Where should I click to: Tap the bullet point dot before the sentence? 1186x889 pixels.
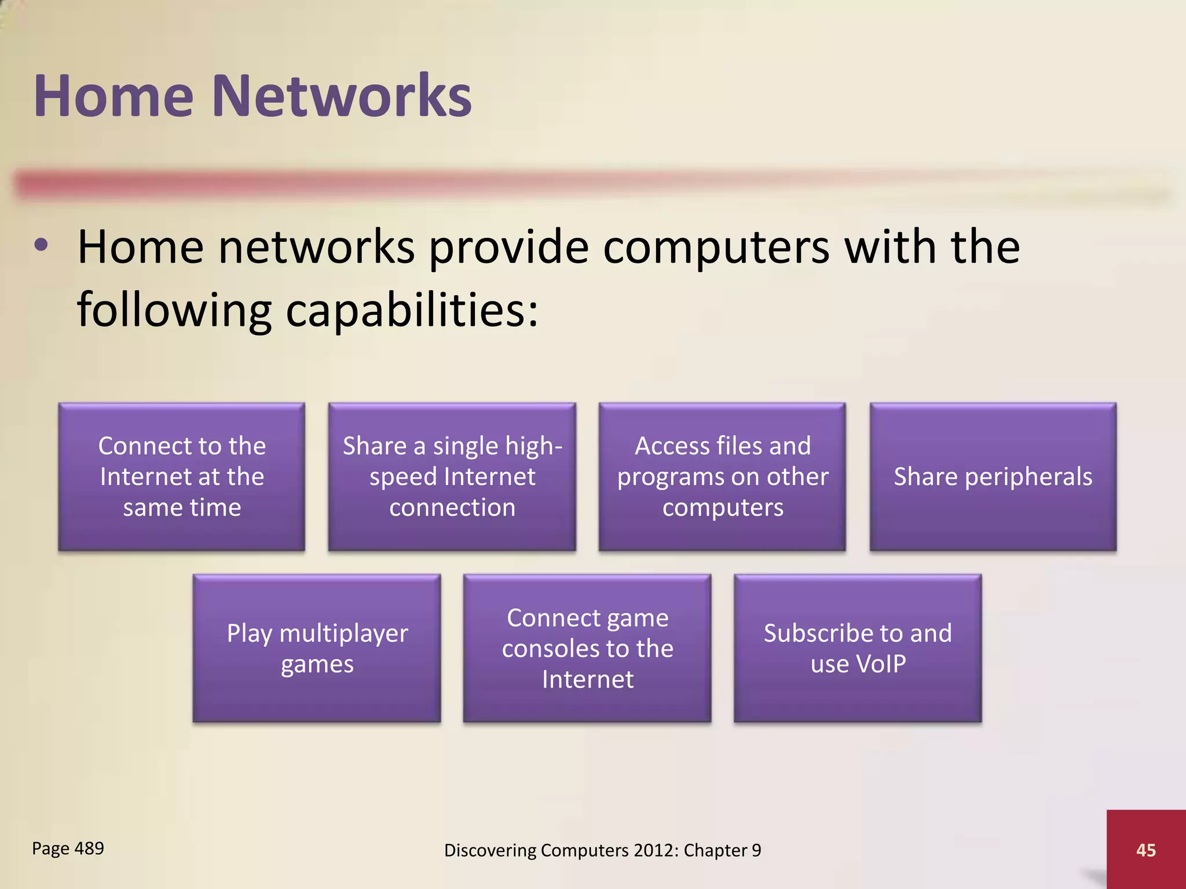(41, 245)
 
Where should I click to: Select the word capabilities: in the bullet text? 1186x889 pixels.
(412, 310)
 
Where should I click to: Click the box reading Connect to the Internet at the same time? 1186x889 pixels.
(181, 476)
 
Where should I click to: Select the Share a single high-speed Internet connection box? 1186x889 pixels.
(452, 476)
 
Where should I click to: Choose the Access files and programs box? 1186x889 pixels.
(722, 476)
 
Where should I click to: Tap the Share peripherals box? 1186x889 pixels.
(993, 476)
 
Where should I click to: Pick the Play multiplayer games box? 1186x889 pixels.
(317, 648)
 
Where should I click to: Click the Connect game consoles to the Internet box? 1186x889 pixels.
(587, 648)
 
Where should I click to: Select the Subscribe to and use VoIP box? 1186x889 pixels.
(858, 648)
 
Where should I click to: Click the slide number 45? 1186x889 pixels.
(1146, 850)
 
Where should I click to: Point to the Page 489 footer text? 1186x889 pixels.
(68, 848)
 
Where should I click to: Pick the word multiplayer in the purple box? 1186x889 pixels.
(343, 634)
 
